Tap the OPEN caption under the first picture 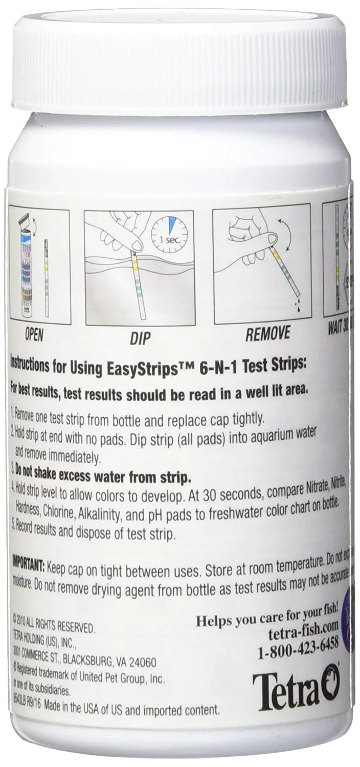pyautogui.click(x=35, y=335)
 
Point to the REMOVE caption pyautogui.click(x=267, y=335)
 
